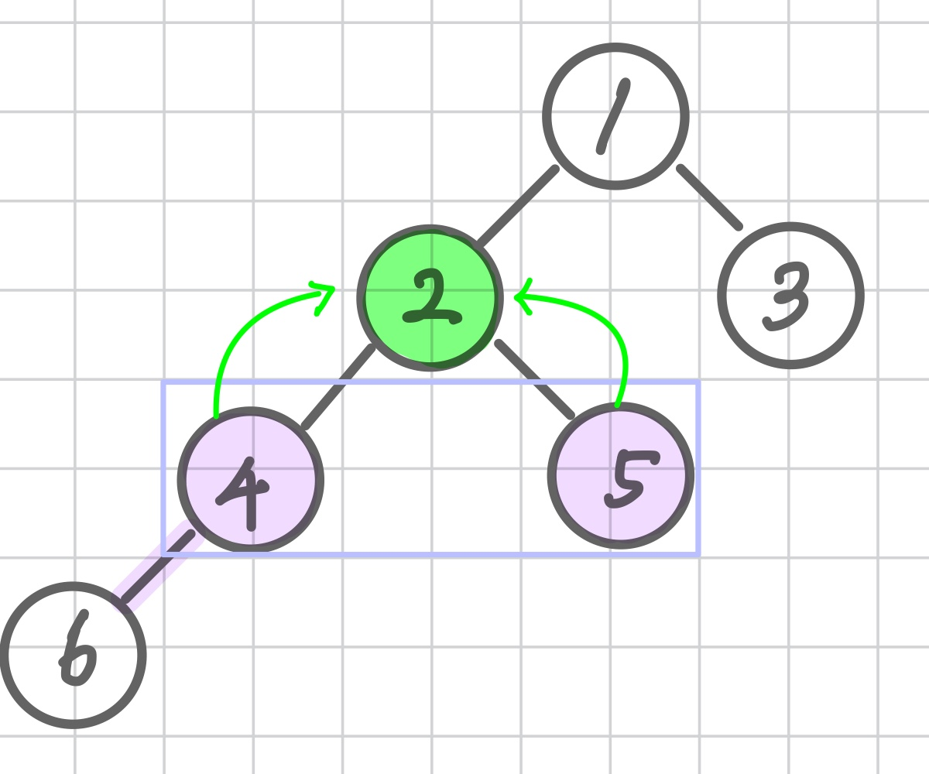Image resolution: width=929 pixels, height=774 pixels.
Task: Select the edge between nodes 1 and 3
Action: click(x=710, y=197)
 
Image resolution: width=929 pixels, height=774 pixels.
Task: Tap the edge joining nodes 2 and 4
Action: click(x=339, y=387)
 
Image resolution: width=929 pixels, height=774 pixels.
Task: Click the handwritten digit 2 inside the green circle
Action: click(x=430, y=298)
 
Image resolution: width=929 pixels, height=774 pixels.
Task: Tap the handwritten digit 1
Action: click(x=613, y=116)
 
